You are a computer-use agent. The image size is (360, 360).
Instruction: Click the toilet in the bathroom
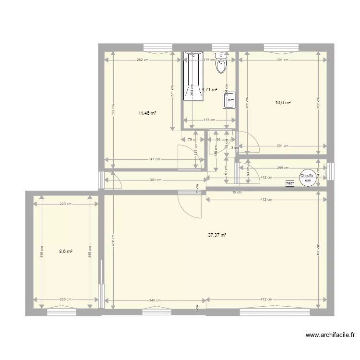tap(221, 63)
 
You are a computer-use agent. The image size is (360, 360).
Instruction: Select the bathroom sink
tap(228, 100)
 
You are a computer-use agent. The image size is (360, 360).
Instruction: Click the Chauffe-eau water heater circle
tap(307, 178)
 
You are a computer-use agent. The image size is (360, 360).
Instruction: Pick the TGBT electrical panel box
tap(289, 183)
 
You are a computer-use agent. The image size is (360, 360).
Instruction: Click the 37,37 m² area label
tap(217, 235)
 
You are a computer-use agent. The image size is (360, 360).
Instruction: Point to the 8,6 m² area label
tap(66, 251)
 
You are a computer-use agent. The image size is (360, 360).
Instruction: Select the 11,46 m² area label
tap(147, 113)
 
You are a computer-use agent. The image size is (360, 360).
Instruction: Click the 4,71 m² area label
tap(210, 89)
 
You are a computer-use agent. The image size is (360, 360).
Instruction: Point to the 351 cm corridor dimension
tap(155, 180)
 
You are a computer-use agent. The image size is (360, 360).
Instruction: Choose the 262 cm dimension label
tap(142, 60)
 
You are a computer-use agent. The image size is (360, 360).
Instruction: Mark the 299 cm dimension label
tap(282, 168)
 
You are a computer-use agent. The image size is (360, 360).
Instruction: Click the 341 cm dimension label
tap(154, 159)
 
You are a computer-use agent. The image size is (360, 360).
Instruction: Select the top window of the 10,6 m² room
tap(282, 47)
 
